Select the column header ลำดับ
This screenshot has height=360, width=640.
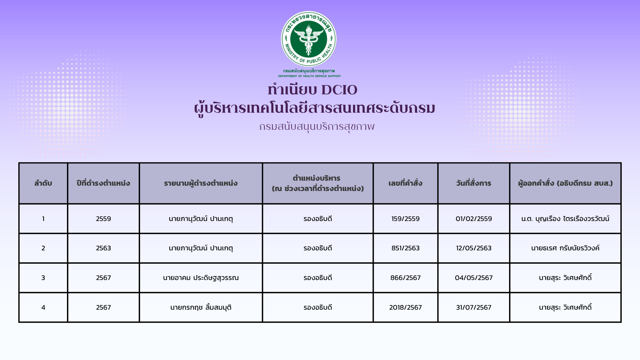[x=43, y=183]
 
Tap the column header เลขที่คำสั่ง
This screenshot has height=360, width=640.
[x=405, y=183]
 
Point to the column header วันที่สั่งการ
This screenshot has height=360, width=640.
[x=474, y=183]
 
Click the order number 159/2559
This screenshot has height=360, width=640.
[x=405, y=219]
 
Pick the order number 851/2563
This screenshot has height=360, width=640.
[x=405, y=248]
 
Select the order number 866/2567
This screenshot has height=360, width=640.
[x=405, y=278]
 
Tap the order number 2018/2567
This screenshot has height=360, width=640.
[x=405, y=307]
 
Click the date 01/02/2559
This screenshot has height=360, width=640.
[x=474, y=219]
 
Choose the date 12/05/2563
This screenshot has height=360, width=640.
[x=474, y=248]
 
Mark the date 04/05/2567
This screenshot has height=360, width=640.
[x=474, y=278]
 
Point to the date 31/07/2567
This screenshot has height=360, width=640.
[x=474, y=307]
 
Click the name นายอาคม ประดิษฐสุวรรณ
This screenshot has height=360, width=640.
[x=201, y=278]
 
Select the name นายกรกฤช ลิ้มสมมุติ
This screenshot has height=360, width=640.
[x=201, y=307]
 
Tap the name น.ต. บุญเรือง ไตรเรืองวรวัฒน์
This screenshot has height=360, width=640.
[x=565, y=219]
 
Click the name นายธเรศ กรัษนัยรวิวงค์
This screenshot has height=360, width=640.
[x=565, y=248]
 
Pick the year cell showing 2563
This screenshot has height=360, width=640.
[x=103, y=248]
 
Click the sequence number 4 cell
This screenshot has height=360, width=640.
[x=43, y=307]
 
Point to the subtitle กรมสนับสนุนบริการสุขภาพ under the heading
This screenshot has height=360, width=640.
[x=317, y=127]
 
